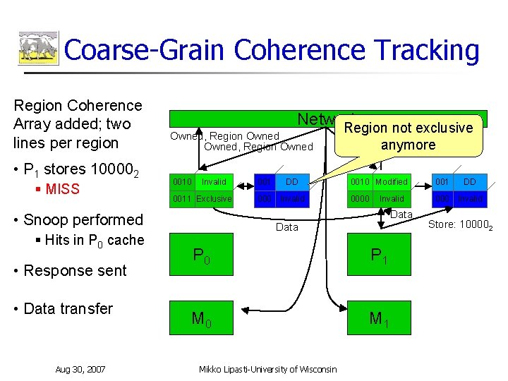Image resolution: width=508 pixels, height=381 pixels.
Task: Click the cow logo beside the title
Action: point(38,49)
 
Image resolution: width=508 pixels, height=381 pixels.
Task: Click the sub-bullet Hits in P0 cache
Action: point(89,240)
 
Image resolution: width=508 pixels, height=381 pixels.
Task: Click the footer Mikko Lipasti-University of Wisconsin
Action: point(267,369)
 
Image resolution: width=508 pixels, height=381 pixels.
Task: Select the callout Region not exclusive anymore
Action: point(408,135)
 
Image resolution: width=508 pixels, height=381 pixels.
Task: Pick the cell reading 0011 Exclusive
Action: point(203,199)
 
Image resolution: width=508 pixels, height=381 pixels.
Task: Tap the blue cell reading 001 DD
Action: point(456,182)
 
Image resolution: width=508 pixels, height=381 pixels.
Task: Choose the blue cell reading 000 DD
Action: point(278,182)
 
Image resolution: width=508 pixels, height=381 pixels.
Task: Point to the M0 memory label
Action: point(202,320)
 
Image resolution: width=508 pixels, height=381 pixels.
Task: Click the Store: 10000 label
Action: point(461,226)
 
